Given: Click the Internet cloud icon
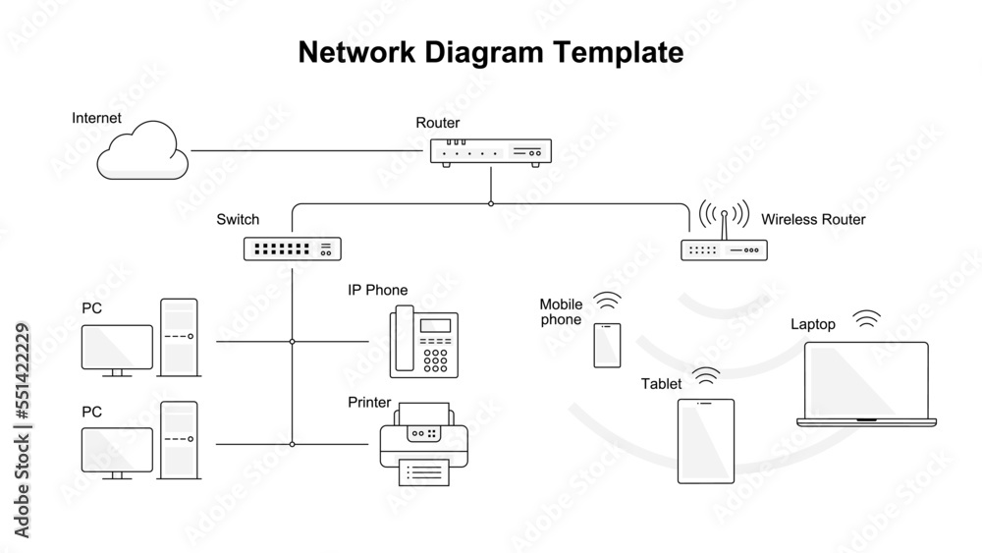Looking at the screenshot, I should [144, 151].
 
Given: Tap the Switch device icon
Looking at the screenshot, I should [292, 249].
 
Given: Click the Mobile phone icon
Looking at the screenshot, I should [607, 345].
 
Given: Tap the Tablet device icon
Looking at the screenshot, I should [706, 441].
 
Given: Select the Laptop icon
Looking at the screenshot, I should [866, 384].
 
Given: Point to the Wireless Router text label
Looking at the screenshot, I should [813, 219].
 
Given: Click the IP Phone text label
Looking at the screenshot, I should [377, 290].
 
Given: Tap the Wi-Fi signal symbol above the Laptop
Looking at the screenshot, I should [866, 318].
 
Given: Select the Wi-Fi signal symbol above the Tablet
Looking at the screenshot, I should [706, 375].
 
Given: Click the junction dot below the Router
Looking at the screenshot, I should [490, 203].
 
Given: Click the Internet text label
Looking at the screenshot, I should [96, 118].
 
